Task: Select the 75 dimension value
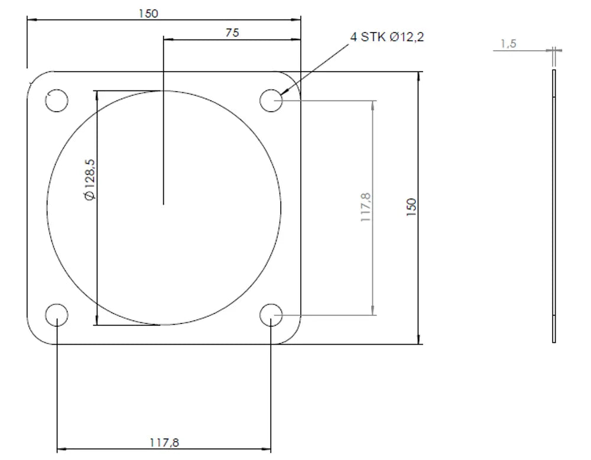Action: tap(232, 33)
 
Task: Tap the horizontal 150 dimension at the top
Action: tap(148, 14)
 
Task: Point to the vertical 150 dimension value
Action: tap(411, 207)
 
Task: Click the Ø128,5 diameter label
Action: tap(90, 180)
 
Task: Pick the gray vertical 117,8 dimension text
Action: tap(366, 207)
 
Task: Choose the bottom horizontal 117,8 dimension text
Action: tap(164, 442)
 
